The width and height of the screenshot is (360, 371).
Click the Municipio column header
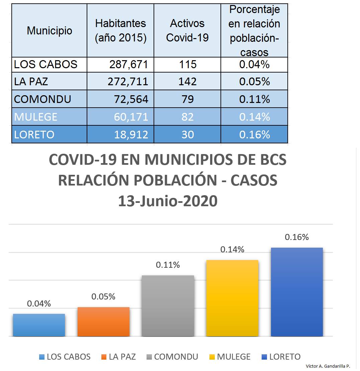[50, 31]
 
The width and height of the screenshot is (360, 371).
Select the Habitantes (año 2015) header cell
[120, 31]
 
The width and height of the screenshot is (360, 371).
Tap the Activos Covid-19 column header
[187, 31]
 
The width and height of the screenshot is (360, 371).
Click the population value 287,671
[129, 65]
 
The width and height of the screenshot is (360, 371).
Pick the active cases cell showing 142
[187, 82]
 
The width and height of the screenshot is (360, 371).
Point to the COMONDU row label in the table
[42, 99]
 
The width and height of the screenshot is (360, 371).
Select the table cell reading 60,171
[131, 117]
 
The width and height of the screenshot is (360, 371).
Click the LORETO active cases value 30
[188, 134]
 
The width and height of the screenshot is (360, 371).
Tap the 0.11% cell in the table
[254, 99]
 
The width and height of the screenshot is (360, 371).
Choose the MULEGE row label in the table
[36, 117]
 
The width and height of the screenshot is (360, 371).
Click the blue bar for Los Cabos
[39, 325]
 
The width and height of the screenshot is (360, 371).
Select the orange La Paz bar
[103, 322]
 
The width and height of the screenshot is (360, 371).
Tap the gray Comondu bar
[168, 306]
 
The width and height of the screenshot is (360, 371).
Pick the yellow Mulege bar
[232, 298]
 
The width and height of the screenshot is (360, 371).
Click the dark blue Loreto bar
[297, 292]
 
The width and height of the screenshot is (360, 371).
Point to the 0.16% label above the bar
[297, 237]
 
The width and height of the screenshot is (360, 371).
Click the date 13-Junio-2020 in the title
[168, 201]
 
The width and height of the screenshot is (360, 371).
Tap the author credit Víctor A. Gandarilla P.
[328, 366]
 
